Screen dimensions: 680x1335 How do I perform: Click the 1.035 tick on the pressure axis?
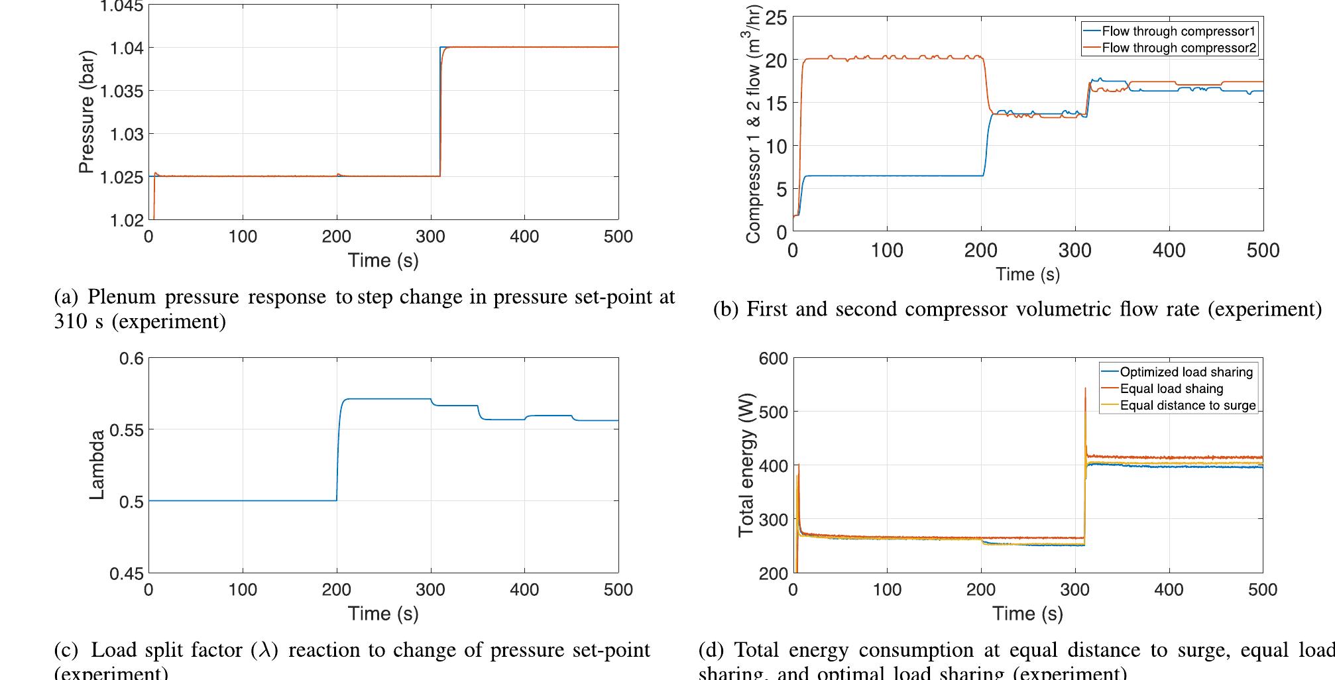(126, 91)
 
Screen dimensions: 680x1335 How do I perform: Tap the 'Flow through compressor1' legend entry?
(1178, 31)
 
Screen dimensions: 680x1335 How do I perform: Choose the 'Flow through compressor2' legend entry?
(1178, 48)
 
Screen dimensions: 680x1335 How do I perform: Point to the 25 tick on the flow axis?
(776, 18)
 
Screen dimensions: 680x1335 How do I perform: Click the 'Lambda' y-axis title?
(97, 465)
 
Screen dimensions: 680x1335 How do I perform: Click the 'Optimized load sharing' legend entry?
(1186, 372)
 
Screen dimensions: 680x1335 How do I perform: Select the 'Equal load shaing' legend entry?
(1171, 388)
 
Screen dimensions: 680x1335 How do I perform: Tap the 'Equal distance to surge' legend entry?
(1187, 405)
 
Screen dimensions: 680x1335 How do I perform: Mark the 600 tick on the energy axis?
(774, 359)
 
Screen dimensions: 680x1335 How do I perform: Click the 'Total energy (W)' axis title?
(746, 465)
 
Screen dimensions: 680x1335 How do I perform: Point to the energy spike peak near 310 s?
(1085, 389)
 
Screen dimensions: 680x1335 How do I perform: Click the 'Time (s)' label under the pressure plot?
(383, 260)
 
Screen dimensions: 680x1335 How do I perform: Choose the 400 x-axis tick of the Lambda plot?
(524, 589)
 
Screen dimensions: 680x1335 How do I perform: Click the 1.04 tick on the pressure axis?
(131, 48)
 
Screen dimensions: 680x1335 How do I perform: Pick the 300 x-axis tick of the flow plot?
(1074, 250)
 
